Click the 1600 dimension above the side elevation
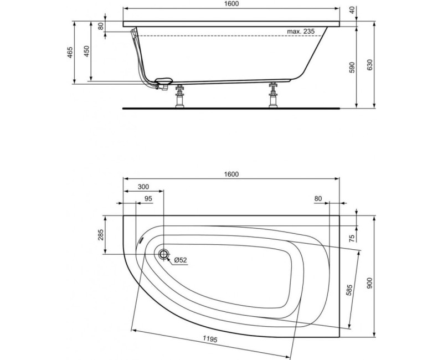point(231,4)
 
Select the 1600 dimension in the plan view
point(231,174)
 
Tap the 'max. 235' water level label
point(301,32)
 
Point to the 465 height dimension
point(70,53)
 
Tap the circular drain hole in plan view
point(163,254)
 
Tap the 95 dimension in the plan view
point(148,198)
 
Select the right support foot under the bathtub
point(272,96)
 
